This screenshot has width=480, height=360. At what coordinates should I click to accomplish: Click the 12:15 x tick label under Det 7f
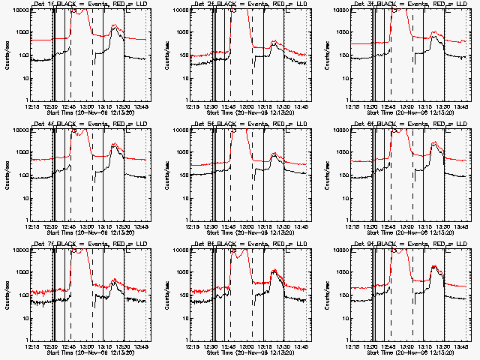pyautogui.click(x=32, y=346)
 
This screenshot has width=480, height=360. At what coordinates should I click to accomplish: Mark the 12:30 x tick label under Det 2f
pyautogui.click(x=211, y=106)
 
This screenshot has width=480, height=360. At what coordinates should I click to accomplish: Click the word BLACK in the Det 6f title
pyautogui.click(x=391, y=124)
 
